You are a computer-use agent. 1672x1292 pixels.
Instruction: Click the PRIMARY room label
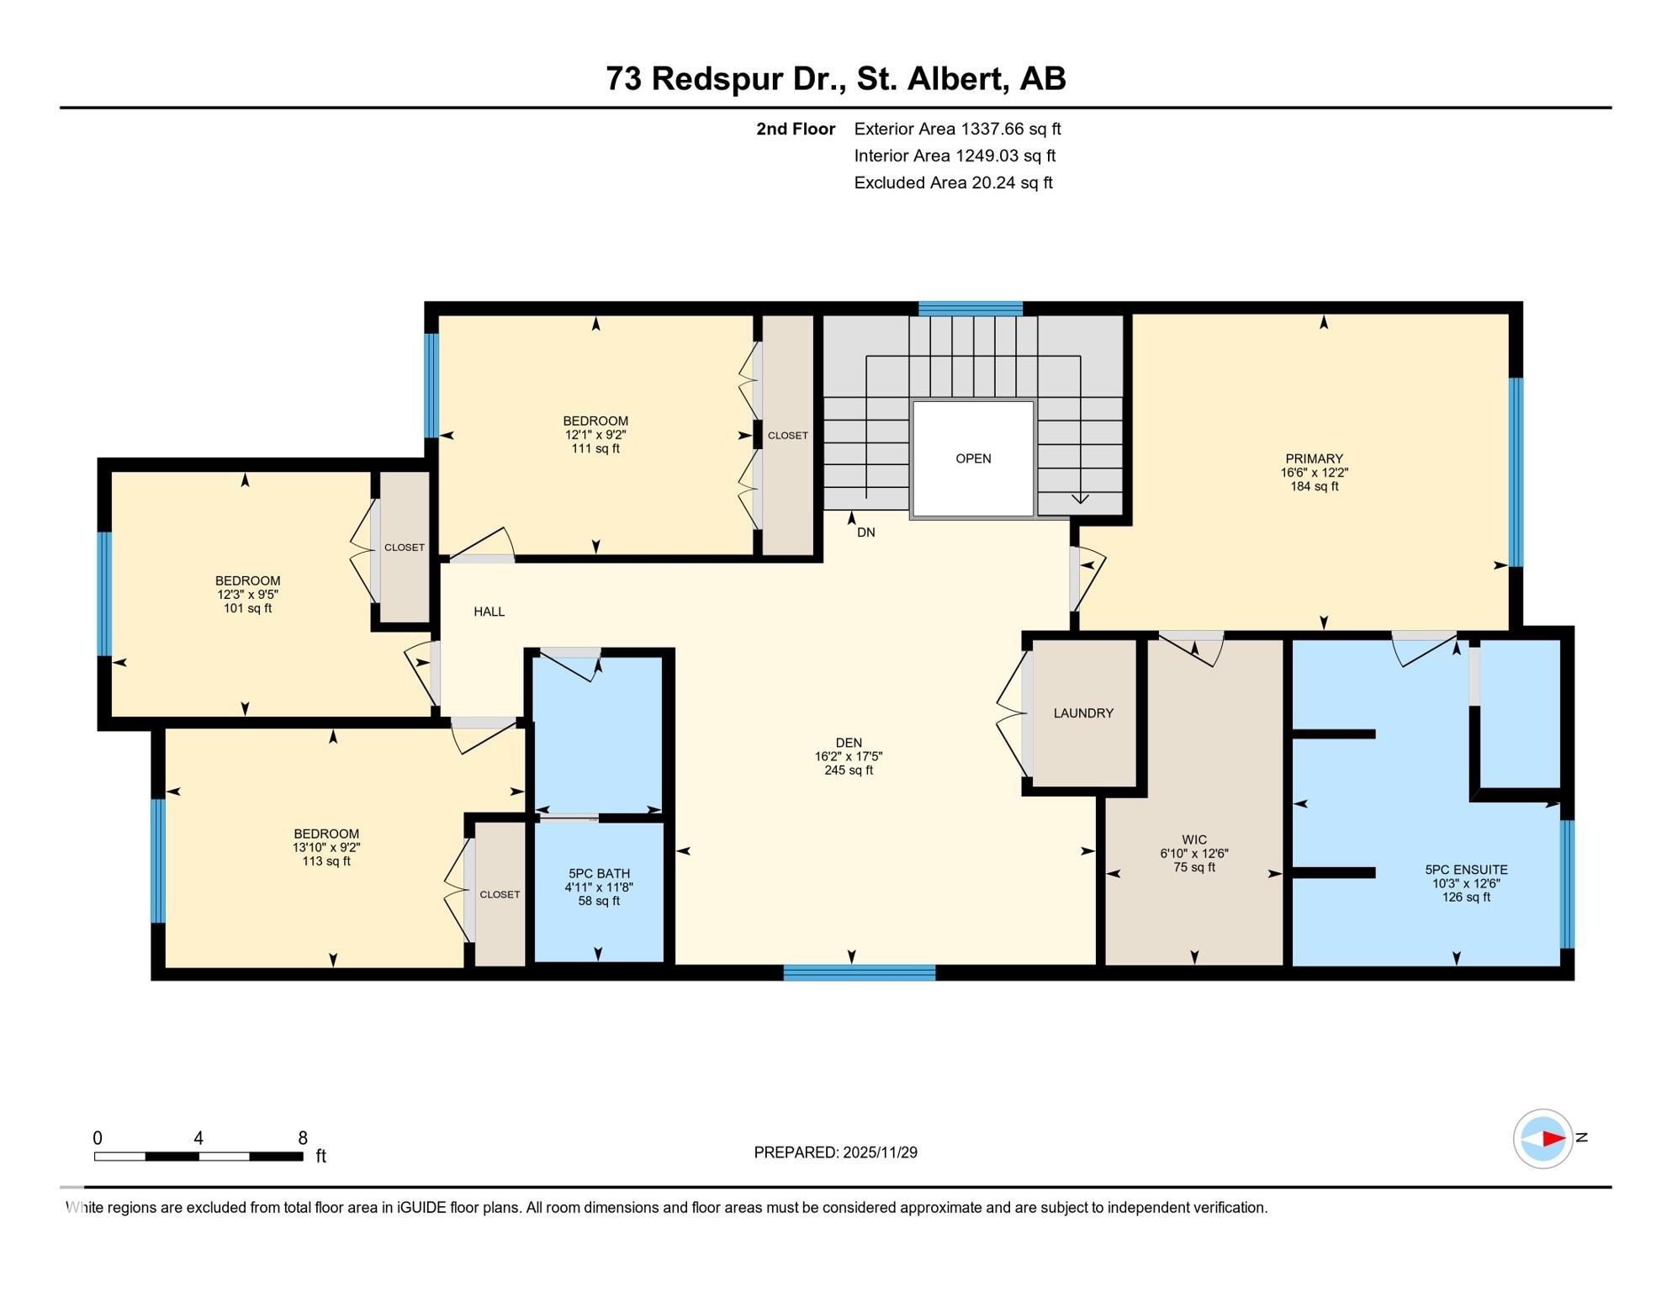(1314, 459)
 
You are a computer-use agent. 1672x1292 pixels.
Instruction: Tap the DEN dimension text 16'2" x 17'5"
(849, 757)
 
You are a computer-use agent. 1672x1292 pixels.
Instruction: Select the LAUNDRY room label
(1083, 713)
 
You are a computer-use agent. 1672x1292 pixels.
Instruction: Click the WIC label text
(1194, 839)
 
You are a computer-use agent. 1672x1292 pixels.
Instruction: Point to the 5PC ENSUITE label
(1466, 870)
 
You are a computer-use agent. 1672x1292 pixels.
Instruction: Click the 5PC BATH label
(599, 873)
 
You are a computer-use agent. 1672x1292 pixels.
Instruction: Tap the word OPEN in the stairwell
(973, 458)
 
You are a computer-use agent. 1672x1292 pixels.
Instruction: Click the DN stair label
(866, 532)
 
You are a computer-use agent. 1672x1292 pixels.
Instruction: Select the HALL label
(489, 612)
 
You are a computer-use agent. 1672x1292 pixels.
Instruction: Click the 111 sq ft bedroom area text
(595, 449)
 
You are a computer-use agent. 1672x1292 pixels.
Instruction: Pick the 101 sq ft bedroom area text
(247, 608)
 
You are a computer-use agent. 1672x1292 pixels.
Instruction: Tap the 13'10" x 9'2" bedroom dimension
(326, 848)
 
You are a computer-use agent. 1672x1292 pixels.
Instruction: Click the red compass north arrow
(1553, 1139)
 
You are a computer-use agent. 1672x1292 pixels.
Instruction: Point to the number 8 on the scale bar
(303, 1138)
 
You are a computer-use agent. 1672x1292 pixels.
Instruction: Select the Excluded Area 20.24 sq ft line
(953, 183)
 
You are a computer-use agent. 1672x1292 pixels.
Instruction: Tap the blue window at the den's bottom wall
(859, 973)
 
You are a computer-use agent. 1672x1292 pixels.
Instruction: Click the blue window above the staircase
(970, 308)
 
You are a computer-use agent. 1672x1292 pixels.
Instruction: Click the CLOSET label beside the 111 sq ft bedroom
(787, 436)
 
